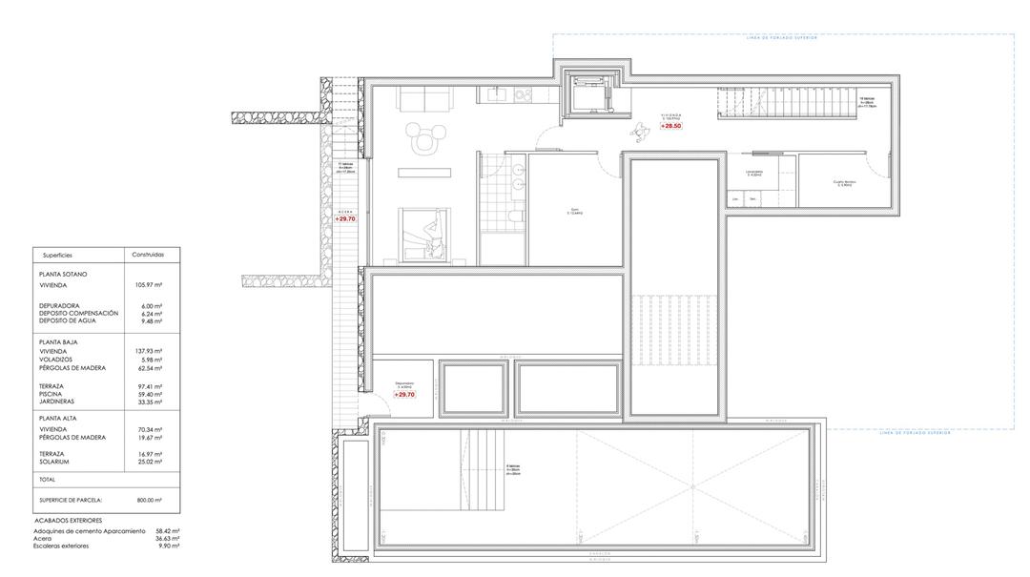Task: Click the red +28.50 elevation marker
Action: click(671, 126)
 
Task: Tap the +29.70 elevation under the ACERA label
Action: click(345, 218)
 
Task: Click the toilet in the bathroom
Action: click(515, 219)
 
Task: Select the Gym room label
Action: click(574, 213)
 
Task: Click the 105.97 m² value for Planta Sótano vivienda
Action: click(151, 285)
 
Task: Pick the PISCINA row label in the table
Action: click(52, 394)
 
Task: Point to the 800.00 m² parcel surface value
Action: click(147, 500)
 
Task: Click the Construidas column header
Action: click(147, 255)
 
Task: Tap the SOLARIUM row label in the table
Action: click(56, 462)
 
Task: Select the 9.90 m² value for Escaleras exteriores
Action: click(171, 546)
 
